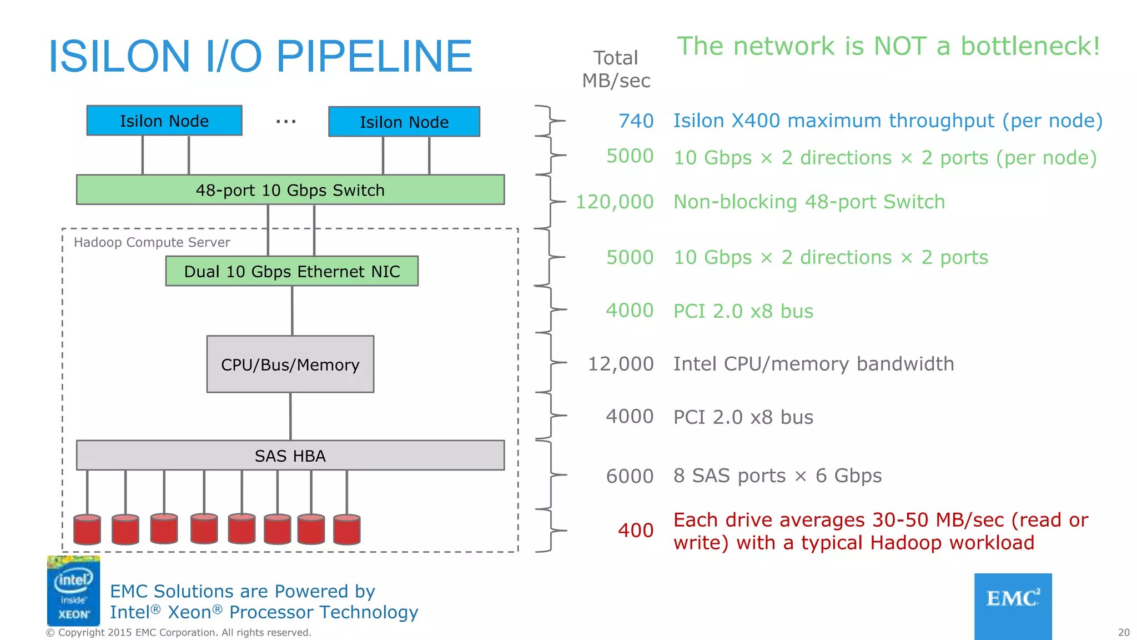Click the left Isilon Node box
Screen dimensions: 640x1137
(x=164, y=121)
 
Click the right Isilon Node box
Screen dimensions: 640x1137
(x=404, y=122)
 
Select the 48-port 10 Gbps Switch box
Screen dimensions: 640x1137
(x=290, y=190)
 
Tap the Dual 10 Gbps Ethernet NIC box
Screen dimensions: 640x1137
(x=291, y=271)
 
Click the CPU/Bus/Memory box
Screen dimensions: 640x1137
(x=290, y=364)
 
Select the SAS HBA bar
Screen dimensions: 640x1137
(x=290, y=456)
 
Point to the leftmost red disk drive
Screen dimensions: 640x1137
(x=87, y=529)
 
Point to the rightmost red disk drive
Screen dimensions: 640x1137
(x=347, y=529)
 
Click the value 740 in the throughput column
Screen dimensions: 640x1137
(x=636, y=121)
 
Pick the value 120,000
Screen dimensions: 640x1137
(x=615, y=202)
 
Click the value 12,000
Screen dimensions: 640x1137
(x=621, y=364)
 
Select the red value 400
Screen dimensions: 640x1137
(x=636, y=531)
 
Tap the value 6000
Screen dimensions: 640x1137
(x=630, y=476)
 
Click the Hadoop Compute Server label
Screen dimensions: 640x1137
(x=152, y=242)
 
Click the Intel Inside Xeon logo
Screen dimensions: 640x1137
(x=73, y=591)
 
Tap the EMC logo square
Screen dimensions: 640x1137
(x=1013, y=606)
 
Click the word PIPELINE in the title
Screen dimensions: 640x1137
(x=374, y=56)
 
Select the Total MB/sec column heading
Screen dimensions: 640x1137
(x=616, y=69)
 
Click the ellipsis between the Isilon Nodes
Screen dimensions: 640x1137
(x=286, y=121)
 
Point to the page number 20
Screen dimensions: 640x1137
(x=1123, y=632)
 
